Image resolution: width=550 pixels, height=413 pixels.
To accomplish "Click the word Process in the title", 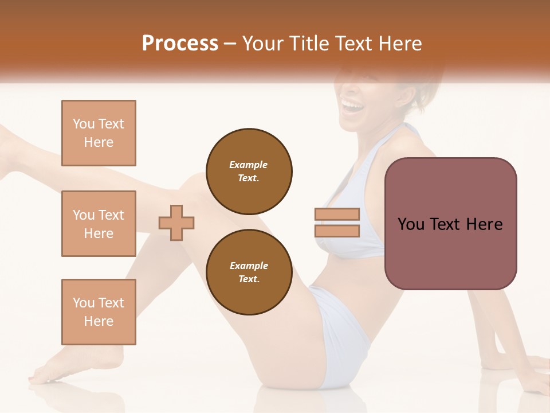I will tap(180, 44).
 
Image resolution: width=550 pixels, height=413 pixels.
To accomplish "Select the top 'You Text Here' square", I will tap(99, 133).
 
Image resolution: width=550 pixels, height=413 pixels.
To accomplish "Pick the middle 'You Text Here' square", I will tap(99, 224).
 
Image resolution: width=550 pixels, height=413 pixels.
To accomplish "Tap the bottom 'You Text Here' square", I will tap(99, 312).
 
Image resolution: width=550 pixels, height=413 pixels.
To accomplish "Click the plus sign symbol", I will tap(176, 223).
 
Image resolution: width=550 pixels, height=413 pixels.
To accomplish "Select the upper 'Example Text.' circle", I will tap(249, 171).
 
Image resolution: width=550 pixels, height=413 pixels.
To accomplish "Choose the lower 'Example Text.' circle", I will tap(249, 272).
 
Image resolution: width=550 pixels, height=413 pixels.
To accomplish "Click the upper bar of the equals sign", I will tap(337, 214).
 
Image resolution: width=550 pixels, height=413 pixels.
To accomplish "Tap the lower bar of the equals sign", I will tap(337, 231).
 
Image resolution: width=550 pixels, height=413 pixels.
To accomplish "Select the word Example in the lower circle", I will tap(249, 266).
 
